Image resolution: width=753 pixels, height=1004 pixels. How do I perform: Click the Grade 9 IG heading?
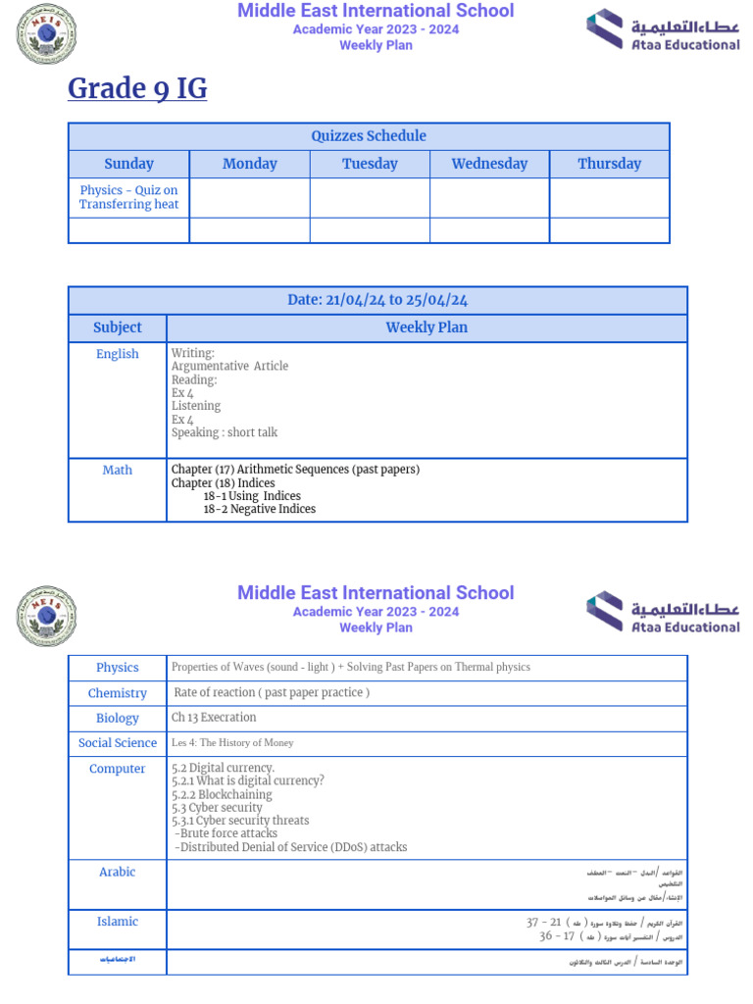[137, 88]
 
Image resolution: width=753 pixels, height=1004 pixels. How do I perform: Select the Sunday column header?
[128, 164]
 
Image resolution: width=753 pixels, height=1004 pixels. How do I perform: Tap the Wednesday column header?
[489, 164]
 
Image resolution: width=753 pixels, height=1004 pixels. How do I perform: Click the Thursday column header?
[609, 164]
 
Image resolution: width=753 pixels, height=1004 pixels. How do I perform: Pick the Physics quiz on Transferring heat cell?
[128, 197]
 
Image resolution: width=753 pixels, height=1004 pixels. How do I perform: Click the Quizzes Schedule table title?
[369, 136]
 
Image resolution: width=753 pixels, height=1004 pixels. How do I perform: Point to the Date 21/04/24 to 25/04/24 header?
[377, 300]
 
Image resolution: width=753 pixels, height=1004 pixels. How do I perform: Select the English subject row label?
[118, 354]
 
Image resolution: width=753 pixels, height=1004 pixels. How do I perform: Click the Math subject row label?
[118, 470]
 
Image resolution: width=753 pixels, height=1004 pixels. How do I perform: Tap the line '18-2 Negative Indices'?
[259, 509]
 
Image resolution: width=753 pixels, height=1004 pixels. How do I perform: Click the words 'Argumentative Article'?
[229, 366]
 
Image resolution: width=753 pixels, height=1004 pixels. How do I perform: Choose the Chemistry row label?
[118, 693]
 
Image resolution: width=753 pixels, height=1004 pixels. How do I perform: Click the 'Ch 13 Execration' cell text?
[214, 718]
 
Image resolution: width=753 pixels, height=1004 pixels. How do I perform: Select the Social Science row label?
[118, 743]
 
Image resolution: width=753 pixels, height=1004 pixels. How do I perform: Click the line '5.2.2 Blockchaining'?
[222, 795]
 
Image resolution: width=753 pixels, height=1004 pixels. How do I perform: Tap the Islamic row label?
[118, 922]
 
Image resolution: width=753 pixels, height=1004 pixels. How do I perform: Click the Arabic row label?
[118, 872]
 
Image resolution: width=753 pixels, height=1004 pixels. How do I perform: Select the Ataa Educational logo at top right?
[663, 29]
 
